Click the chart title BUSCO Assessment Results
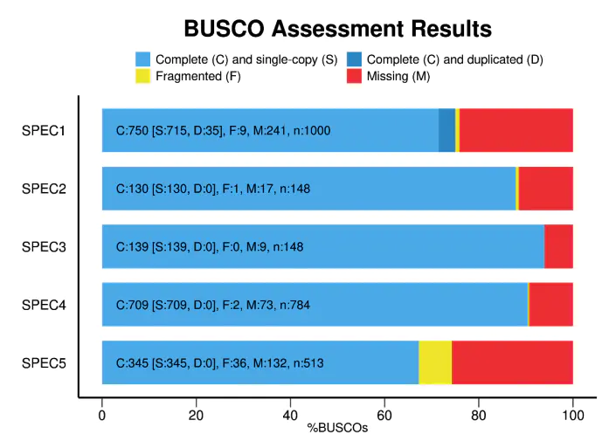(337, 29)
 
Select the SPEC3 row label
(45, 247)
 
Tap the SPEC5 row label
(45, 363)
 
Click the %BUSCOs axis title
(337, 429)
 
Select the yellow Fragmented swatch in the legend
(143, 77)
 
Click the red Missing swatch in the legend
(354, 77)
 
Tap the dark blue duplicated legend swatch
(354, 59)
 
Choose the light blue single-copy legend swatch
(143, 59)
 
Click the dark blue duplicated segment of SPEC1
(446, 131)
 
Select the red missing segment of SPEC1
(516, 131)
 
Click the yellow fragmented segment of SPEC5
(435, 362)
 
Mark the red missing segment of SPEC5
(512, 362)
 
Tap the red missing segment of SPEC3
(558, 246)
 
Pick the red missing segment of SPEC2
(545, 189)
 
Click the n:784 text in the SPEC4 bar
(294, 306)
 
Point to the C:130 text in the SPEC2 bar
(132, 189)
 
